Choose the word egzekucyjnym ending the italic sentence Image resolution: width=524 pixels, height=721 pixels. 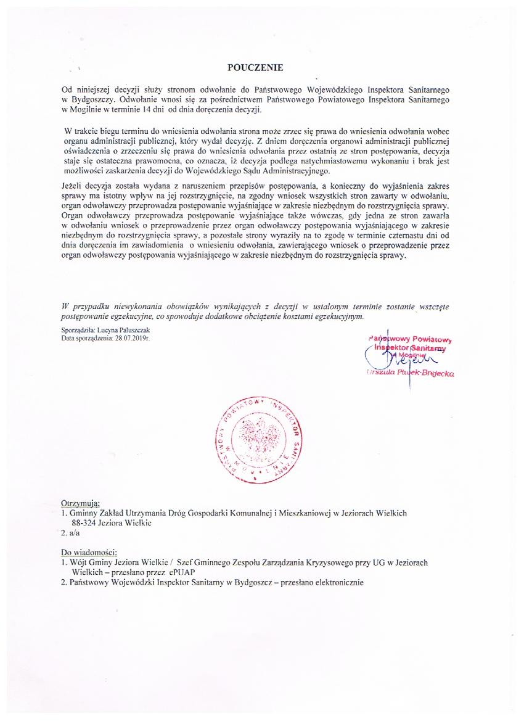click(339, 316)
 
